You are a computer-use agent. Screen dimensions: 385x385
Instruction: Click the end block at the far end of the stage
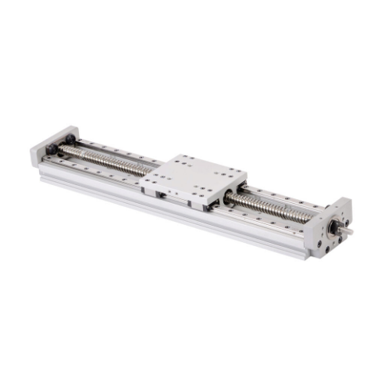(54, 145)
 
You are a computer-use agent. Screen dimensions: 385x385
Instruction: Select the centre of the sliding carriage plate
(194, 175)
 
